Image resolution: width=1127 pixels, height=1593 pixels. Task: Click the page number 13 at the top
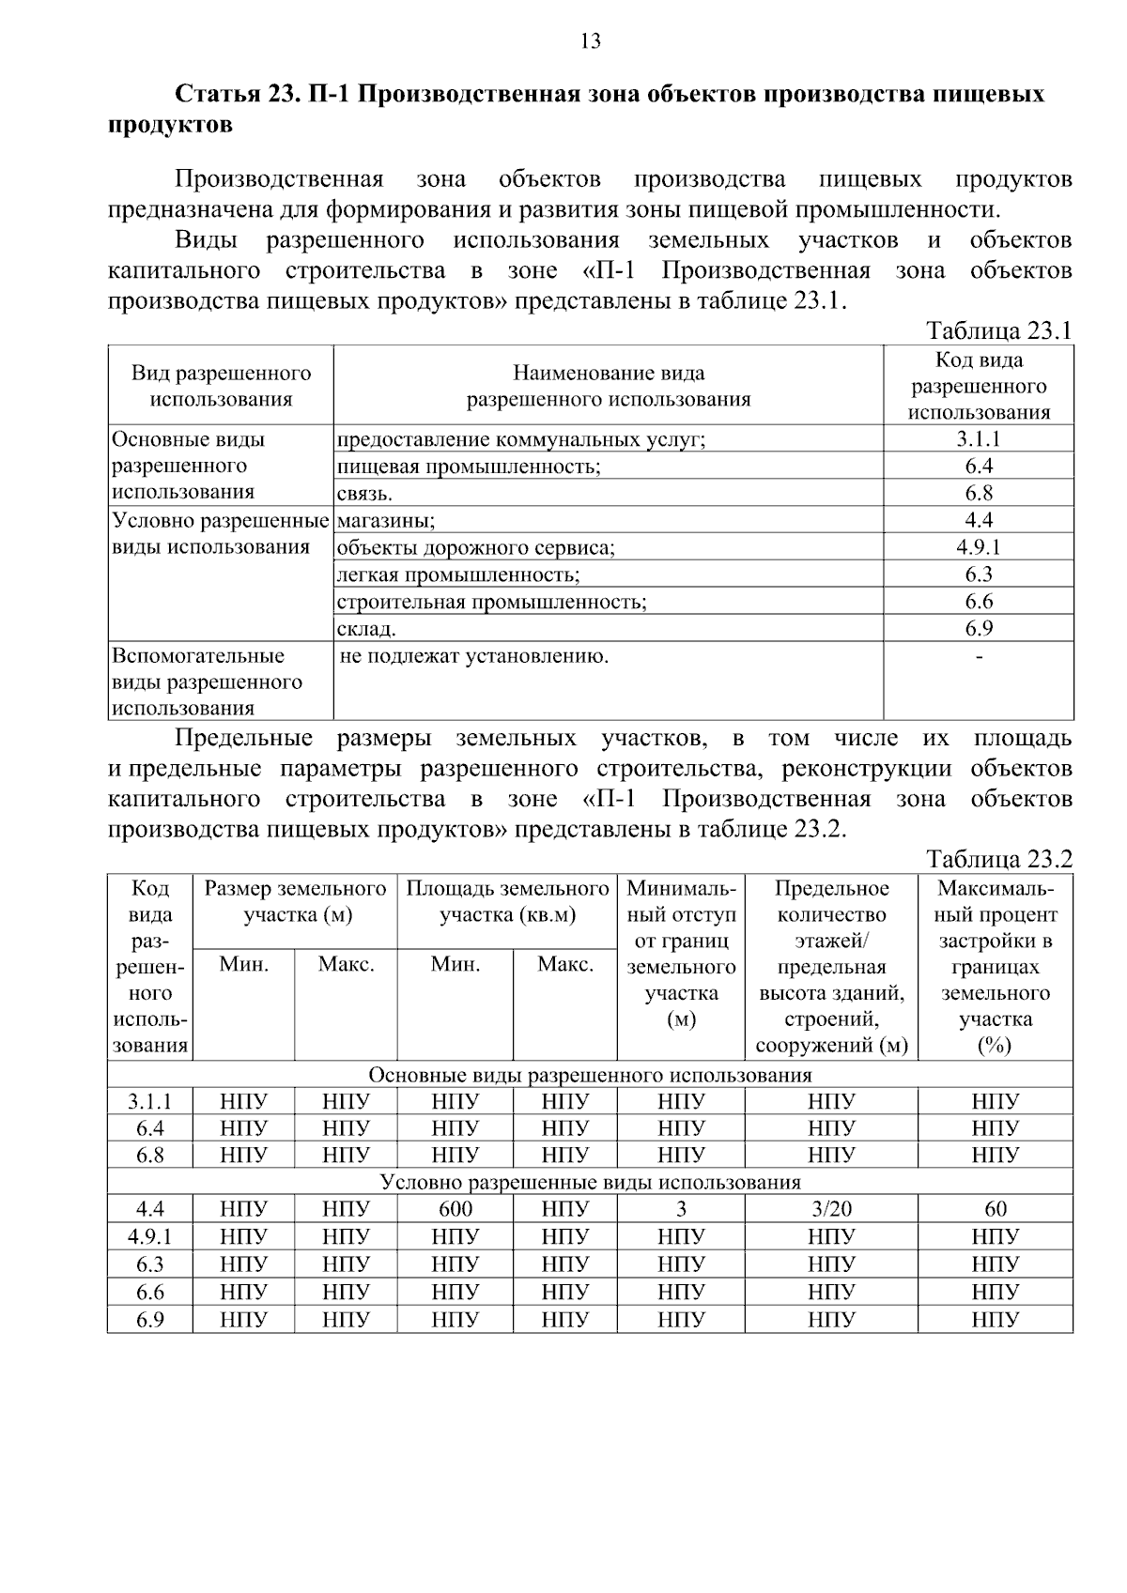591,40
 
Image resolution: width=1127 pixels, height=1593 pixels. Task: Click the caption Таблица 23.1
998,330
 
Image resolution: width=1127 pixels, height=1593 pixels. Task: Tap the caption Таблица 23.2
998,859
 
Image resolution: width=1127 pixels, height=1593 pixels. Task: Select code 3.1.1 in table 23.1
979,438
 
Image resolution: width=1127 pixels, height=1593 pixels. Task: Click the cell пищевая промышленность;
469,467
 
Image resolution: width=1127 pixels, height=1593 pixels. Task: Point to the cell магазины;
385,520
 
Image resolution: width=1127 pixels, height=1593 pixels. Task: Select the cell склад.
366,629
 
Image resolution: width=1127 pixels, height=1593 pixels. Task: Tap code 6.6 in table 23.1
979,602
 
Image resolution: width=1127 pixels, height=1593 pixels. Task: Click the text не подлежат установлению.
473,656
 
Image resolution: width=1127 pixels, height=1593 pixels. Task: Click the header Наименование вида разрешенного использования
609,386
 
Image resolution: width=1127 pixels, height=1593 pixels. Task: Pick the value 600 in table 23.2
455,1209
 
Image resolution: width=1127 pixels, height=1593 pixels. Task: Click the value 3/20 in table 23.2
831,1209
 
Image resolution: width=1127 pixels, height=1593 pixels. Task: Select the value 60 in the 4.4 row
996,1209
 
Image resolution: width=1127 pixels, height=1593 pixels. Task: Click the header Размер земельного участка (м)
295,901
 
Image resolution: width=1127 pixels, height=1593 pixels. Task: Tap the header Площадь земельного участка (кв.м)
507,901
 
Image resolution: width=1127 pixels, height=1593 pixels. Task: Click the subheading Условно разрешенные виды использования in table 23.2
590,1182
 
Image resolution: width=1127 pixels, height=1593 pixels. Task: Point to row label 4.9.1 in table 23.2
150,1236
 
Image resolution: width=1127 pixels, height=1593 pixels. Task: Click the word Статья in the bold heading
217,95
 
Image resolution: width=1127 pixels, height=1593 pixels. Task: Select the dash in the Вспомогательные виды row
979,656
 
